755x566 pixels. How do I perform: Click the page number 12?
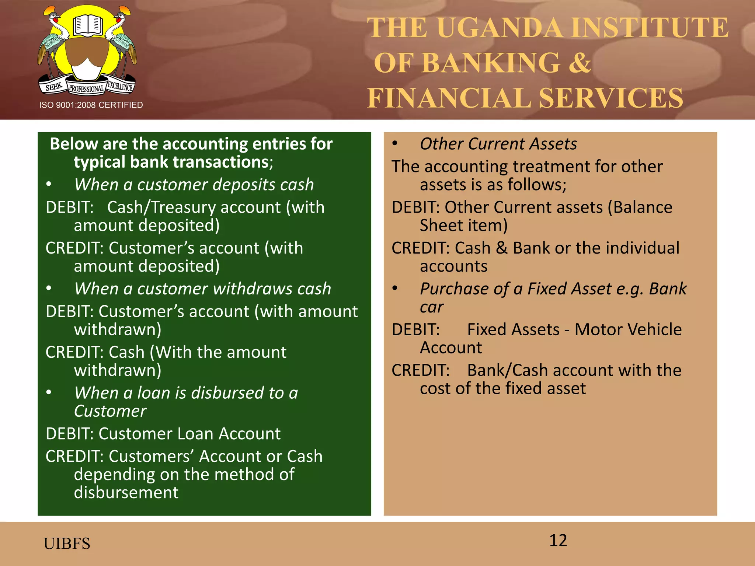coord(558,541)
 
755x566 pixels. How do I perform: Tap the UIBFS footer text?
coord(67,544)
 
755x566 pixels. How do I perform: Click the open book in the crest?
coord(87,25)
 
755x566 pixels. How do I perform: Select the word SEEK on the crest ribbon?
coord(54,87)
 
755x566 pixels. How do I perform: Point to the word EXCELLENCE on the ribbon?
coord(120,87)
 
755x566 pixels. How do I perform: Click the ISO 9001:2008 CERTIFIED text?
coord(91,105)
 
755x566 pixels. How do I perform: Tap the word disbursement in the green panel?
coord(126,492)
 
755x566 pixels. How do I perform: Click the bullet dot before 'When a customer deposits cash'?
coord(49,184)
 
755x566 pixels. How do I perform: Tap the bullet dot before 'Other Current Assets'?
coord(395,143)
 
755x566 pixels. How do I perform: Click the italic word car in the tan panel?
coord(432,307)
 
